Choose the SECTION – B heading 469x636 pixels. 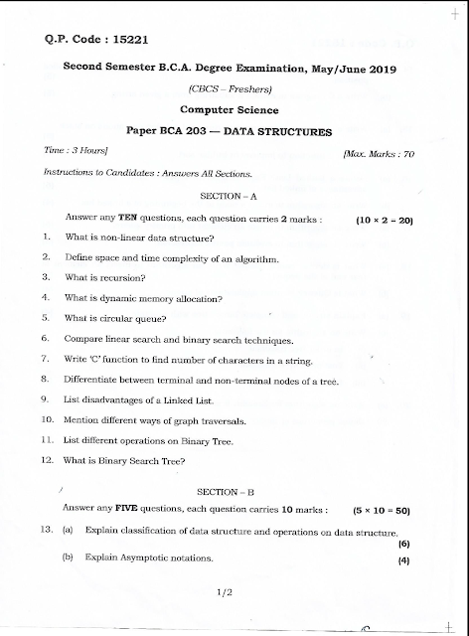[x=230, y=491]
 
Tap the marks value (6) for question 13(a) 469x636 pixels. [x=404, y=544]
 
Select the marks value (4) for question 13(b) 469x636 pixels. [x=404, y=560]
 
